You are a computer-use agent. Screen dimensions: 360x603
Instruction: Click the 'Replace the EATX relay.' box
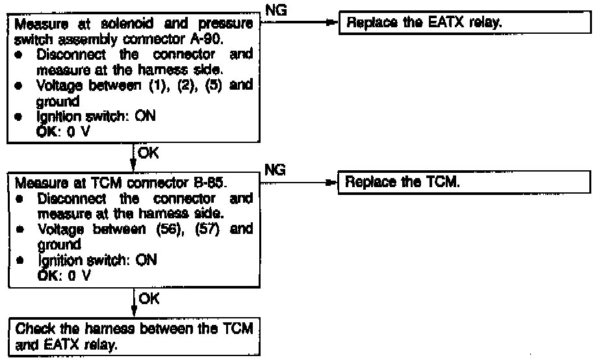tap(465, 23)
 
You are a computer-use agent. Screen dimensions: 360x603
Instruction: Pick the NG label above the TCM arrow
tap(275, 169)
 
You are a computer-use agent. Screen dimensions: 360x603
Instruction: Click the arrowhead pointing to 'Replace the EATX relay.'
tap(332, 23)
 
